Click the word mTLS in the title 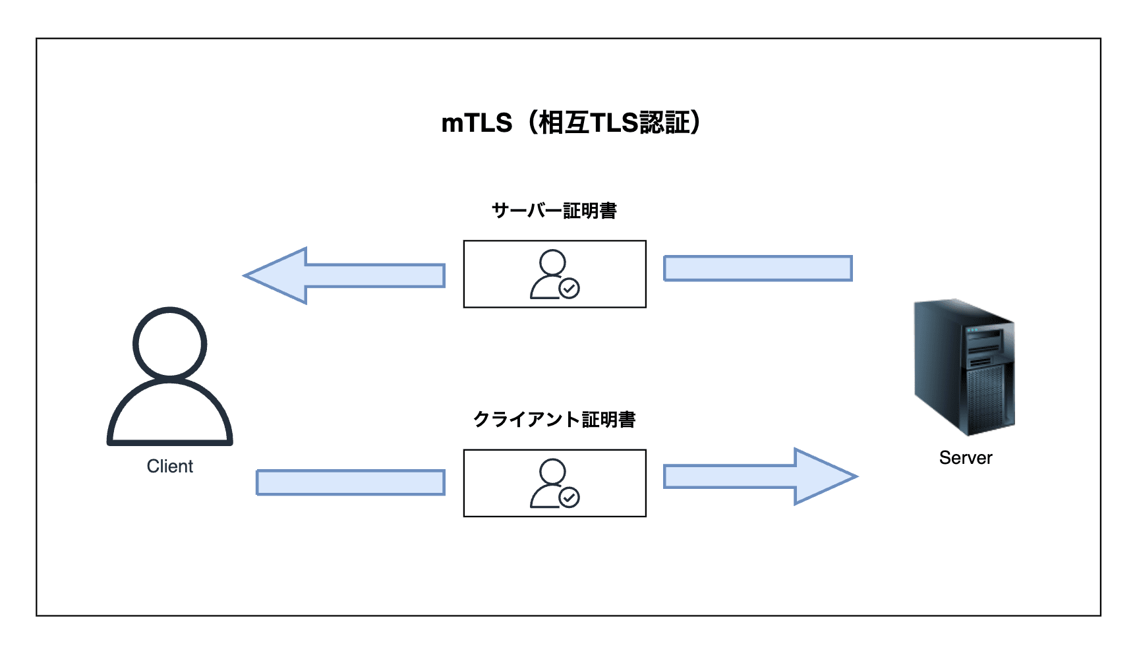476,123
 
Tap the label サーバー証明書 554,211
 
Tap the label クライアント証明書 554,420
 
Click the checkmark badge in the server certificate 569,289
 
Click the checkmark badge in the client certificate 569,497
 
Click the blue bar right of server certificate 758,268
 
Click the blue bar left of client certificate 350,482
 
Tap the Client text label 169,467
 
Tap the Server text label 965,458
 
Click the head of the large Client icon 169,343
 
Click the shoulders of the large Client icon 169,415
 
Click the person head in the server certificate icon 552,262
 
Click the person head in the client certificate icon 552,471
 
